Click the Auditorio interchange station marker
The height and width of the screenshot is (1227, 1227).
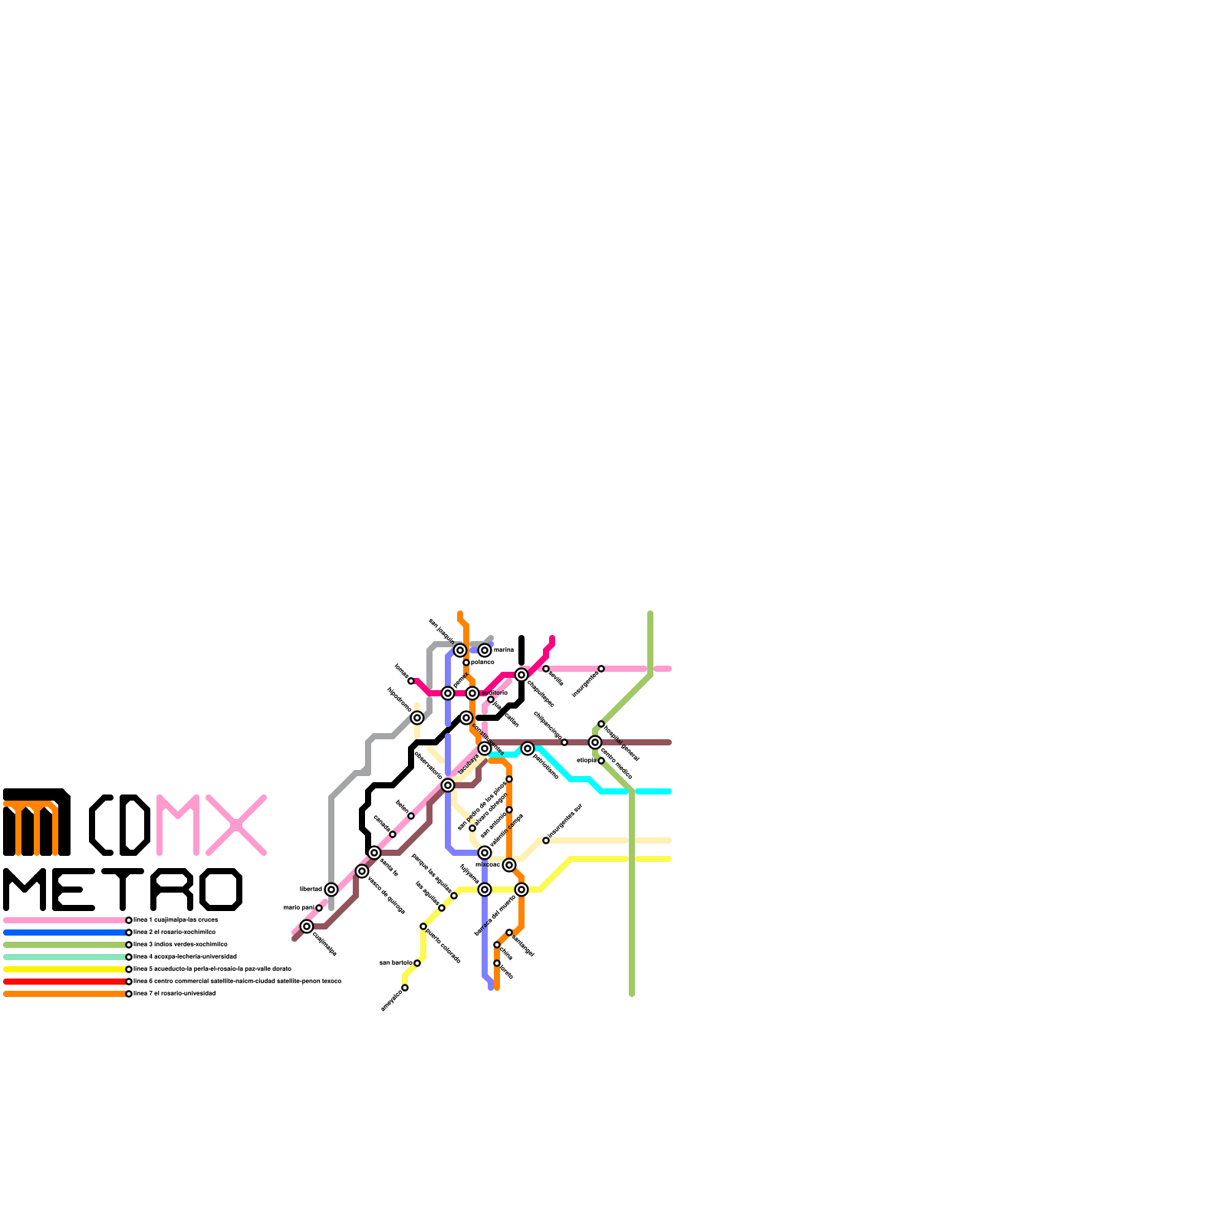(472, 693)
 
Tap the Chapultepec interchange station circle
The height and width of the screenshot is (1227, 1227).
(521, 675)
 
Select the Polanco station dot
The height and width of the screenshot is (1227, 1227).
(466, 663)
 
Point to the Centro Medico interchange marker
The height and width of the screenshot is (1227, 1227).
(595, 742)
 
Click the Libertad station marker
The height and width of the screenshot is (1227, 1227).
(331, 890)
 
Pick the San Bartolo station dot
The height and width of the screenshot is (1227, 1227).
(417, 963)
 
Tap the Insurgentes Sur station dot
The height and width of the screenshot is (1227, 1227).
(546, 840)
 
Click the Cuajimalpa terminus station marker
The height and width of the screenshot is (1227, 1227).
(307, 926)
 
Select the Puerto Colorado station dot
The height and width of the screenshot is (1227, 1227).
(423, 926)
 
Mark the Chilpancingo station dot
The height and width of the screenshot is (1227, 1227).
(564, 742)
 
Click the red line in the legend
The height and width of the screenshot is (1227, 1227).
(64, 982)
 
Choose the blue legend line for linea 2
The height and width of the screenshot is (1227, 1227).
(64, 933)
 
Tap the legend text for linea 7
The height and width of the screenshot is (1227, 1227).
(175, 994)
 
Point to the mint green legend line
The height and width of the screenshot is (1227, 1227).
(64, 957)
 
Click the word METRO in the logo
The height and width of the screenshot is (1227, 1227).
(123, 890)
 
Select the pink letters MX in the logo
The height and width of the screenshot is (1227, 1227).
(211, 825)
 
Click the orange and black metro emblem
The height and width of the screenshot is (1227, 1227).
(37, 822)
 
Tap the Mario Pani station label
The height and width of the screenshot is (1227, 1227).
(298, 907)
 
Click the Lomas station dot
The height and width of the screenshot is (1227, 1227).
(411, 681)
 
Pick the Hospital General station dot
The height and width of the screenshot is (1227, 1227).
(601, 724)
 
